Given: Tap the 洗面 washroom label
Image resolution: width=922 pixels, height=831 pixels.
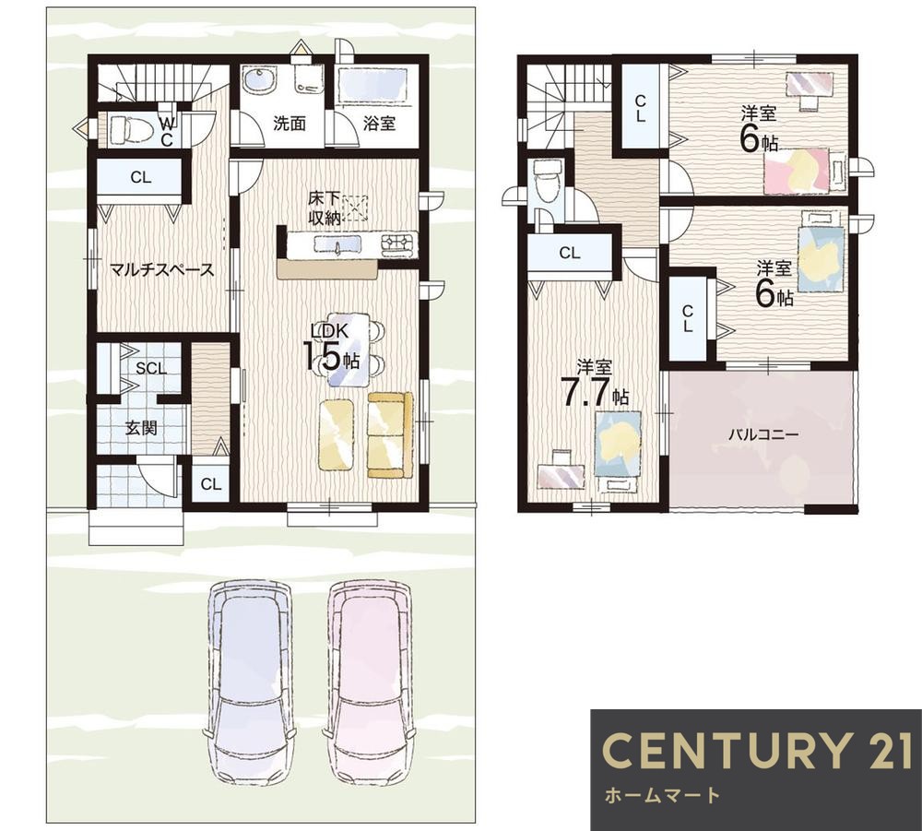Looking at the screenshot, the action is (x=290, y=124).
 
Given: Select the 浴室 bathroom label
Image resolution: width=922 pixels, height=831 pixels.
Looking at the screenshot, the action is (x=379, y=124).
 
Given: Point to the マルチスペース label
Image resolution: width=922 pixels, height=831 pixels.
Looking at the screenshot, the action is (x=162, y=270).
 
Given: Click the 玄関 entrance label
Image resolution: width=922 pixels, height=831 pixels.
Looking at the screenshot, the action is (x=141, y=428).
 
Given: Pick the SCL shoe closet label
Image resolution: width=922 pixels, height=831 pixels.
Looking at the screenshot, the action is (x=151, y=368).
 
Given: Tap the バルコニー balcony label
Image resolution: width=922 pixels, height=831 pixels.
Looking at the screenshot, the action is (x=763, y=434).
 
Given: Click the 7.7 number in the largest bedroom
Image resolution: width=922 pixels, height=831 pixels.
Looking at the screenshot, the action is (x=584, y=392).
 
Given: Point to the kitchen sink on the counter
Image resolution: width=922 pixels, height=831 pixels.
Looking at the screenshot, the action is (x=337, y=243).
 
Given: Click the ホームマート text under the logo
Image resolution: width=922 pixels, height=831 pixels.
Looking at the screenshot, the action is (x=662, y=796).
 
